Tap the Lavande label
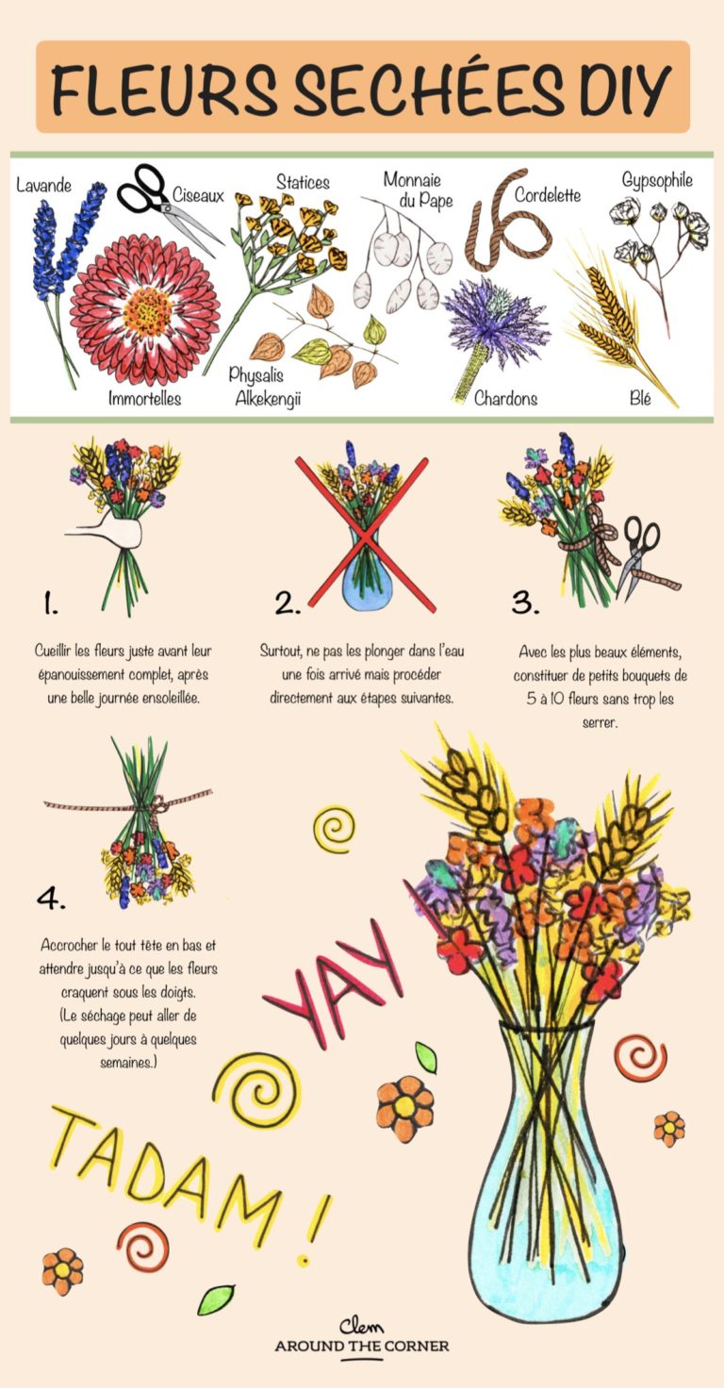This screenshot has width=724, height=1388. pyautogui.click(x=43, y=186)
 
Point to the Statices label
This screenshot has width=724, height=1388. pyautogui.click(x=303, y=181)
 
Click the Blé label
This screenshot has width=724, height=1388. pyautogui.click(x=640, y=398)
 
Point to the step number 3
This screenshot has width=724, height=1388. pyautogui.click(x=524, y=602)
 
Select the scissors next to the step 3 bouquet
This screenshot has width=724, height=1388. pyautogui.click(x=638, y=555)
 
